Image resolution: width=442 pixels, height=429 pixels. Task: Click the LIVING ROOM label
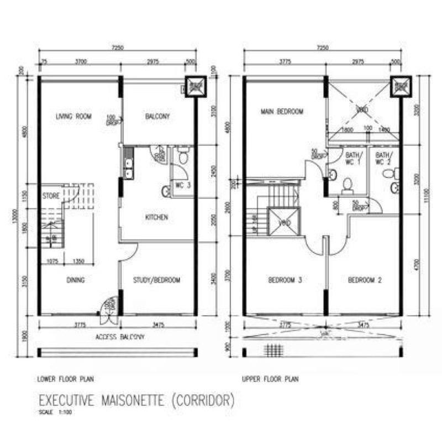pos(73,116)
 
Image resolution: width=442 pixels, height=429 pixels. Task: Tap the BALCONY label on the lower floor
pos(157,116)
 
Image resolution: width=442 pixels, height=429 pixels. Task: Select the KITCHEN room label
pos(156,217)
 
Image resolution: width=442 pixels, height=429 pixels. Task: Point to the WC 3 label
pos(183,185)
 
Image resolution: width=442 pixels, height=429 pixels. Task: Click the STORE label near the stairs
pos(51,195)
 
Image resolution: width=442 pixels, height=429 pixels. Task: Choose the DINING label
pos(76,280)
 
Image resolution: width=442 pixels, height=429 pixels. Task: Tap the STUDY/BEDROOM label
pos(157,280)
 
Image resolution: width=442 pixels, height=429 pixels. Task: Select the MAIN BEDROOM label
pos(282,112)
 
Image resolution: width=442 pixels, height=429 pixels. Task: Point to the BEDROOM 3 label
pos(285,280)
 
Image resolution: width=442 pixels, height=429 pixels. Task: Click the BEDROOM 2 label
pos(365,280)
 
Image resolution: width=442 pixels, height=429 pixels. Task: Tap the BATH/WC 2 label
pos(383,158)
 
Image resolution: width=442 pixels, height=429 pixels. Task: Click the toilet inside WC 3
pos(183,159)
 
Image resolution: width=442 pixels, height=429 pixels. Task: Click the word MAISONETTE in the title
pos(140,399)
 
